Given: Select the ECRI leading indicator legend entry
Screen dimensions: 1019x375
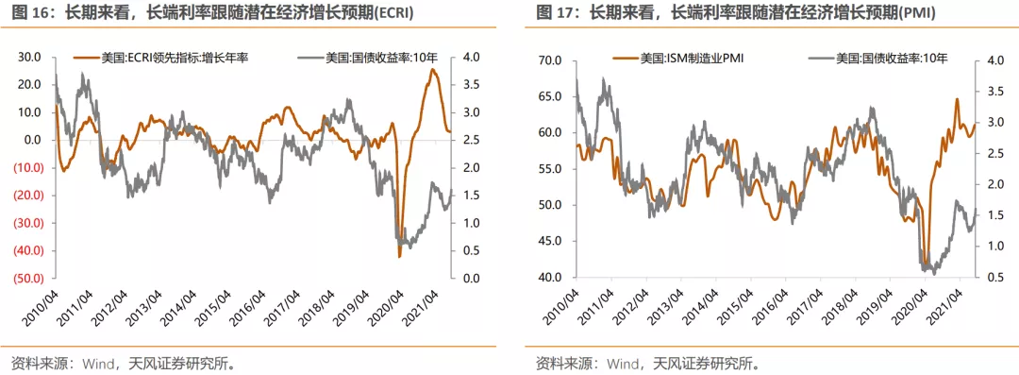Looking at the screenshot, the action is tap(162, 58).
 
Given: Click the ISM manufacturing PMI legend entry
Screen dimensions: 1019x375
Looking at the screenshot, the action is tap(678, 59).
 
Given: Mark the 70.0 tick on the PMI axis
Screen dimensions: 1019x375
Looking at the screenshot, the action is tap(552, 61).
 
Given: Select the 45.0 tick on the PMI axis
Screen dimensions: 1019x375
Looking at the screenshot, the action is tap(552, 242).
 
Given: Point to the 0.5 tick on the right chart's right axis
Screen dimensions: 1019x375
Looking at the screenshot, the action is tap(991, 278).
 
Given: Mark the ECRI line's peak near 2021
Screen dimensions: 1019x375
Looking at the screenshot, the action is tap(433, 69).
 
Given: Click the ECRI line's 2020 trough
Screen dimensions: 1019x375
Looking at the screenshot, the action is tap(399, 256).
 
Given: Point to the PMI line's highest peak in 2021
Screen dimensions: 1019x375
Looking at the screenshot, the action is tap(957, 99).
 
